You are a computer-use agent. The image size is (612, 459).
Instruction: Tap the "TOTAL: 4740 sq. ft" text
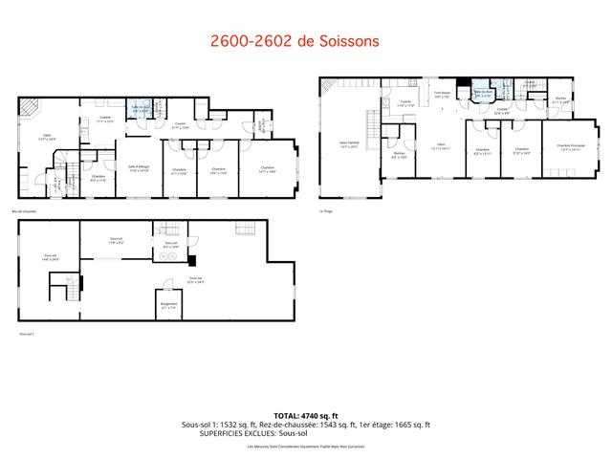click(305, 416)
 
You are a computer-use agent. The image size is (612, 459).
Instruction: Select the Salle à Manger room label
click(139, 168)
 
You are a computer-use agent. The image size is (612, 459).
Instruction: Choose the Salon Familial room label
click(348, 144)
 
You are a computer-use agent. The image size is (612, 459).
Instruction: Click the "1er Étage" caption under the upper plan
click(328, 210)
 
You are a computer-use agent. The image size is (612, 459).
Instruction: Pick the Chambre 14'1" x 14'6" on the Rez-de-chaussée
click(265, 169)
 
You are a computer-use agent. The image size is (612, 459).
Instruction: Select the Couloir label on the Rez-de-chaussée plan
click(179, 124)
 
